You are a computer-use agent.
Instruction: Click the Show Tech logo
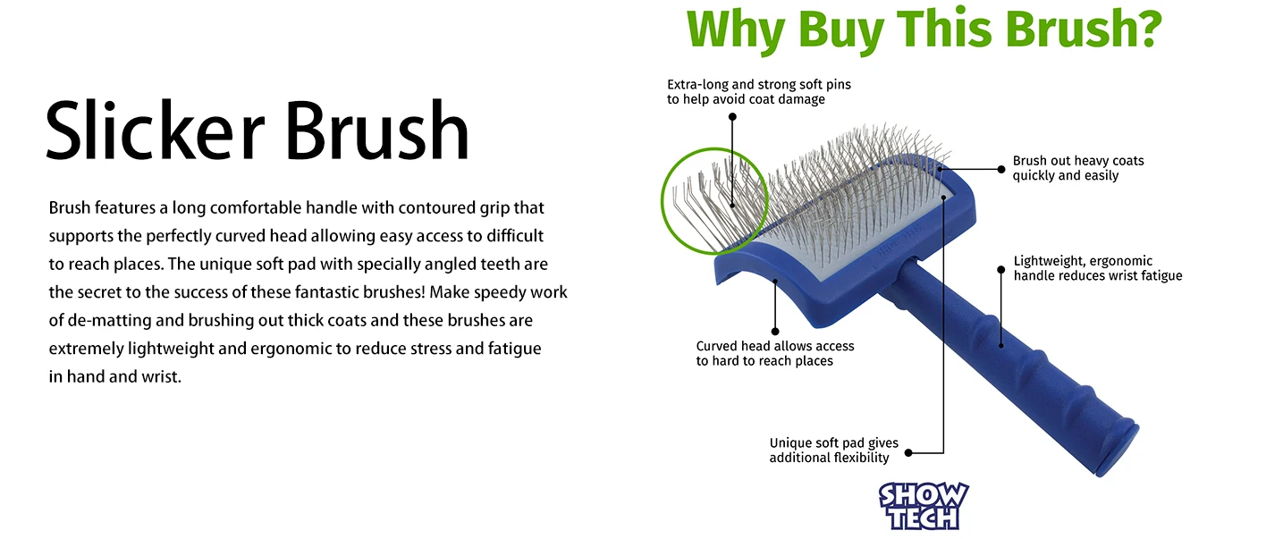coord(924,506)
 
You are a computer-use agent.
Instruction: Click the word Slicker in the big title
coord(156,131)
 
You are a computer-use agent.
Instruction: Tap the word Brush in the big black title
coord(377,131)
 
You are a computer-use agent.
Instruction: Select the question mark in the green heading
coord(1144,28)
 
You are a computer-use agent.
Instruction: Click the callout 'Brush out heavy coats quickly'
coord(1078,168)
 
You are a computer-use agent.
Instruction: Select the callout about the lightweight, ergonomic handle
coord(1097,268)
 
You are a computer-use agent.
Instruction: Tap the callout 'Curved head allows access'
coord(775,353)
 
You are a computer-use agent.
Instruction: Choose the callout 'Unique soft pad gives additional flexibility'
coord(833,451)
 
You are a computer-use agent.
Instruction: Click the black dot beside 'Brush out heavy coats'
coord(1001,169)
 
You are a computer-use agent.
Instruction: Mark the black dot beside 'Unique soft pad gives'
coord(908,452)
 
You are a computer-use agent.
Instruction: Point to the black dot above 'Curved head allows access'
coord(775,331)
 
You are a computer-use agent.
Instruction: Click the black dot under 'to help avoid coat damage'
coord(732,117)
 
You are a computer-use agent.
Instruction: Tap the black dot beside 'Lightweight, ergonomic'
coord(1000,270)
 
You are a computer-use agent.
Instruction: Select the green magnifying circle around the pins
coord(663,200)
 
